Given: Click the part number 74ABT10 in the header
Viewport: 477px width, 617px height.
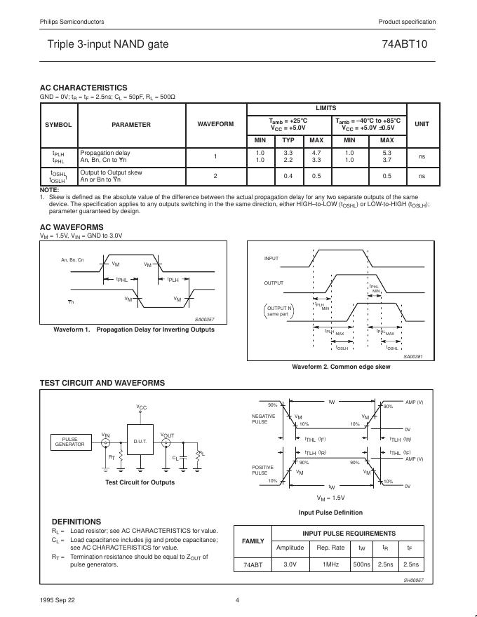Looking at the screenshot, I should pos(409,44).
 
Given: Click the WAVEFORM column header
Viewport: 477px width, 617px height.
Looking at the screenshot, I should pos(215,124).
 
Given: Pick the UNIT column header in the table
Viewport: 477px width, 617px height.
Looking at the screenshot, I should pos(422,124).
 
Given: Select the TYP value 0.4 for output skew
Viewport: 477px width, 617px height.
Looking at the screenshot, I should pos(288,176).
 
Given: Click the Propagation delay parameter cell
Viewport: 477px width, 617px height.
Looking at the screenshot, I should pos(105,152).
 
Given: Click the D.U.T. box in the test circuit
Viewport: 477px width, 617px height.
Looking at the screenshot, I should pos(140,442).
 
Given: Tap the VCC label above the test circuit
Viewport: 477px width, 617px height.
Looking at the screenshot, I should pos(141,407).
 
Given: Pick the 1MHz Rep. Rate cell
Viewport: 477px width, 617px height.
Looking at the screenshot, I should pos(330,564).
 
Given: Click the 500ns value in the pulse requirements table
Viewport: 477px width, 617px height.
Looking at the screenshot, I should pos(362,564).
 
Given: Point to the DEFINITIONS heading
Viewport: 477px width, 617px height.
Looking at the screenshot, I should pos(76,522).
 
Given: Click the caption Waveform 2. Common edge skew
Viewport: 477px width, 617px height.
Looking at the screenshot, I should pos(340,367).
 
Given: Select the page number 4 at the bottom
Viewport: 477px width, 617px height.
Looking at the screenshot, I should pos(238,599).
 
